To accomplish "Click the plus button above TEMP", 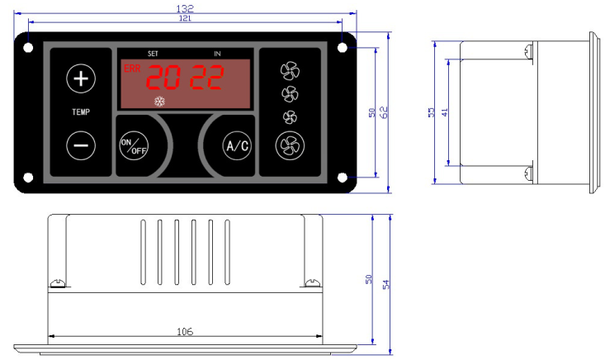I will tap(81, 79).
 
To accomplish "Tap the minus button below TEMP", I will tap(81, 144).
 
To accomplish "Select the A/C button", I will tap(237, 146).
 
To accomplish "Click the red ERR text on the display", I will tap(131, 69).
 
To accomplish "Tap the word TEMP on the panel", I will tap(81, 111).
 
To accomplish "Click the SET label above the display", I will tap(153, 53).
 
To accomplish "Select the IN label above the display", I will tap(217, 53).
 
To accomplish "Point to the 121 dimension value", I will tap(185, 17).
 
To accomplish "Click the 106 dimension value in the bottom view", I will tap(185, 331).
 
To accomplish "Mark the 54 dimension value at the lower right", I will tap(385, 283).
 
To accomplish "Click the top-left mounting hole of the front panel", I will tap(29, 47).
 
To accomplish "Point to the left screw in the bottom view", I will tap(58, 283).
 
